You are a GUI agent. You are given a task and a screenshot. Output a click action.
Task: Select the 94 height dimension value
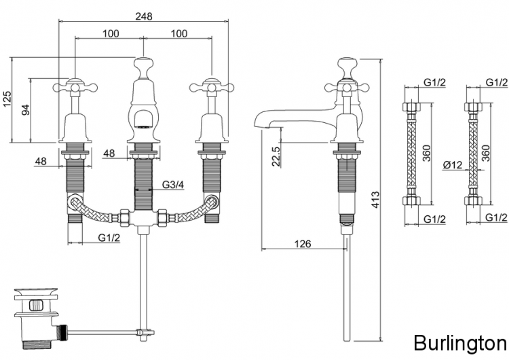pos(25,110)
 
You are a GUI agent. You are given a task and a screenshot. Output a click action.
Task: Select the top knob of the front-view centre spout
pos(143,66)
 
